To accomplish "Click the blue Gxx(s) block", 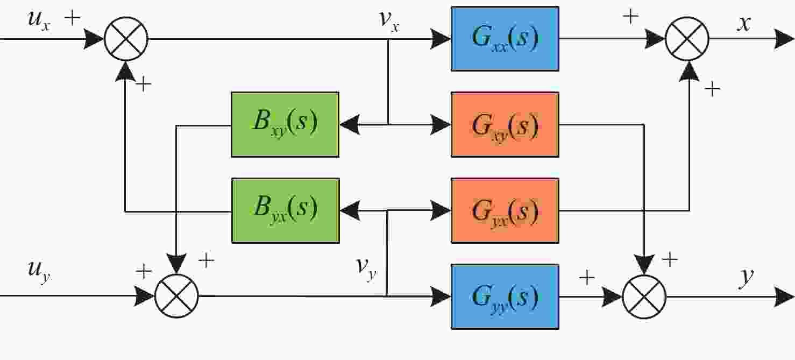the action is (505, 39).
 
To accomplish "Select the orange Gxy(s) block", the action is (505, 125).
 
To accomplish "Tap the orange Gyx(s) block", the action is (505, 210).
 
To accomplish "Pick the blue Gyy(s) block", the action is (505, 297).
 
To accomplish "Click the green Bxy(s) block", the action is (285, 125).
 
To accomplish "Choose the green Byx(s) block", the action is (285, 210).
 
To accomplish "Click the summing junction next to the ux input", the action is (126, 39).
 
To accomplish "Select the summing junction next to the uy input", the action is (176, 296).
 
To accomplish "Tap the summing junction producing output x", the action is (687, 39).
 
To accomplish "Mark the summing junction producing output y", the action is (644, 297).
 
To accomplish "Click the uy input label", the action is (39, 272).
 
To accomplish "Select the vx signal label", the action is (389, 20).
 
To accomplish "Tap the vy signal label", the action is (366, 269).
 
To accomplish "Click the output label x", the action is (744, 24).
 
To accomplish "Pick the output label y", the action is (746, 278).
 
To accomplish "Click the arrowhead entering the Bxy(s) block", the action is (350, 125).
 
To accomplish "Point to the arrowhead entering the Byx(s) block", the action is (350, 210).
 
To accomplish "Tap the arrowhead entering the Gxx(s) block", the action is (441, 39).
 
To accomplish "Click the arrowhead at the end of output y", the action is (784, 297).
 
